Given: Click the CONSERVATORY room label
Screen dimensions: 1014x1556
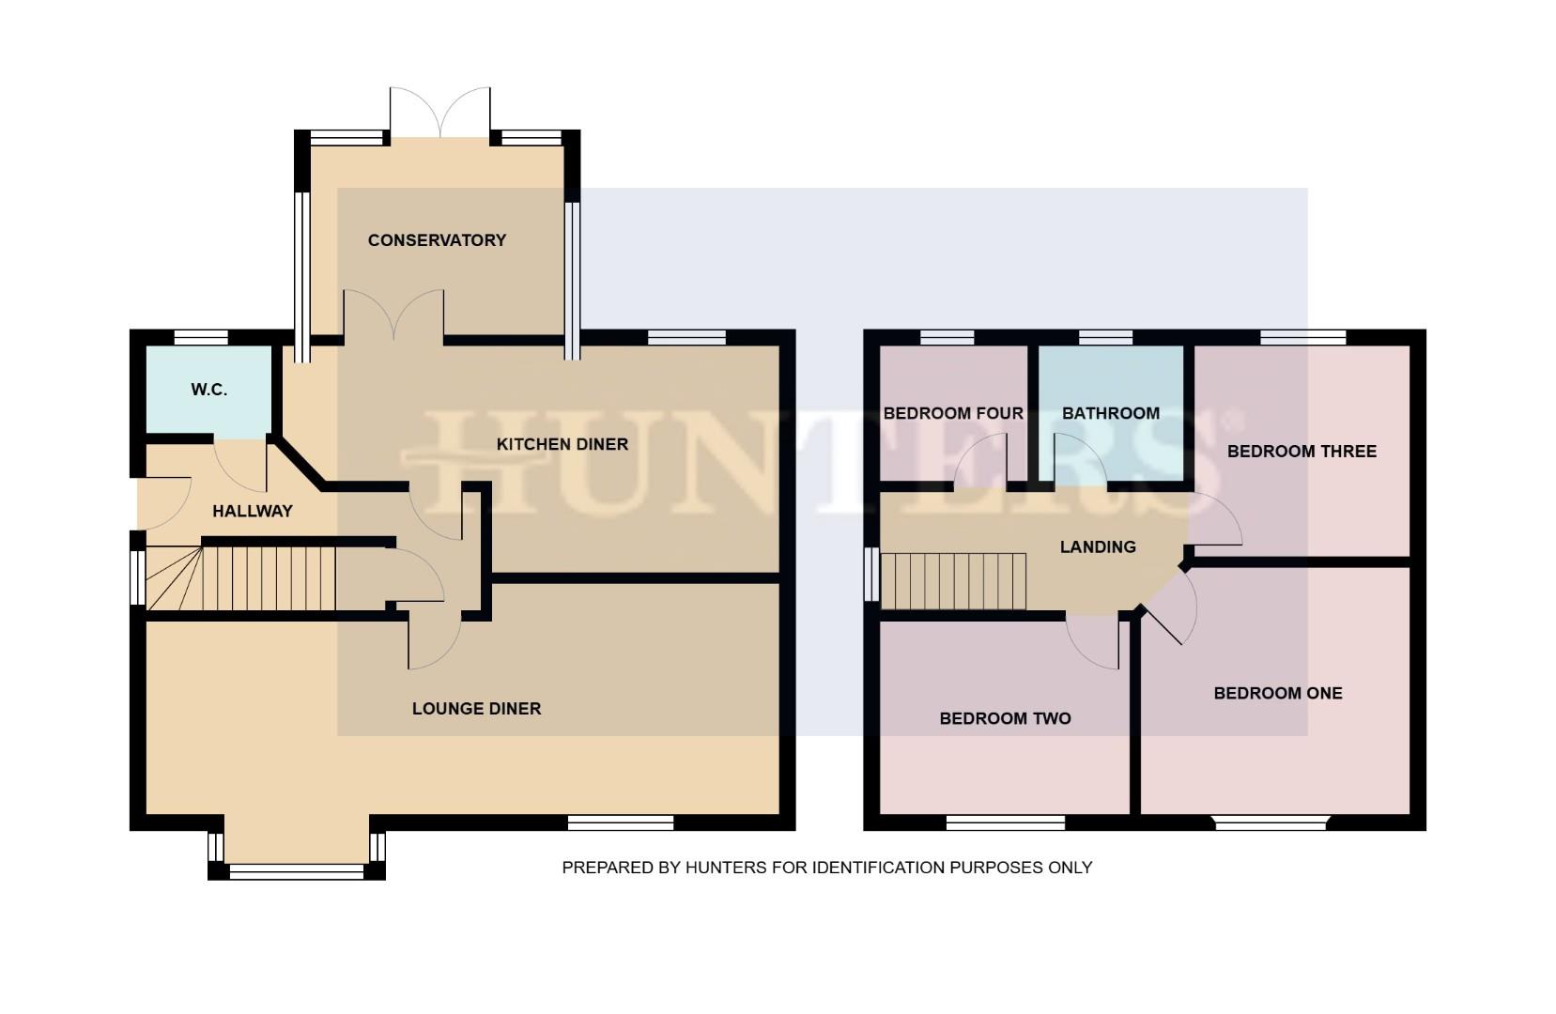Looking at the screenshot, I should (x=437, y=240).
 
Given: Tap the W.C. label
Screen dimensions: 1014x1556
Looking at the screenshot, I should (x=208, y=390).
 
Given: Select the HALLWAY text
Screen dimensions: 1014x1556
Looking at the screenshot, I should (x=252, y=512).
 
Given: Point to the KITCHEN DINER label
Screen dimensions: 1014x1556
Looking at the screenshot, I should (x=562, y=444).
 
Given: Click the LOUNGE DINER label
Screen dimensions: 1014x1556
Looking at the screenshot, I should (x=476, y=709).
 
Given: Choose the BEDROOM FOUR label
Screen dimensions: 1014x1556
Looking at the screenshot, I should (x=952, y=413).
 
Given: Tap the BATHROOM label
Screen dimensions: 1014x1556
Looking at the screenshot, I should (x=1110, y=413).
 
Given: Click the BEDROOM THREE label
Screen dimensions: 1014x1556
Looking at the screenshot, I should (x=1301, y=452).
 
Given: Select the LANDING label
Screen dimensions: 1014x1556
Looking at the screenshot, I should (x=1097, y=546).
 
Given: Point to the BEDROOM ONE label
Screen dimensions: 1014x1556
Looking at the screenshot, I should (x=1277, y=694).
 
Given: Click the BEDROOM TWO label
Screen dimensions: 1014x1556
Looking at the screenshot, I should (x=1005, y=719).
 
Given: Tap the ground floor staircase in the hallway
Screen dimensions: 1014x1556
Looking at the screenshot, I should (x=268, y=578).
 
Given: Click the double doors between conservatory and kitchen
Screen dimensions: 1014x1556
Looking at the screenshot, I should (x=393, y=315).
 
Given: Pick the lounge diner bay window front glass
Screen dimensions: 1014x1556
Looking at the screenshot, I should (x=296, y=872).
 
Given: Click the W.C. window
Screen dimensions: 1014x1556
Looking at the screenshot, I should (x=201, y=337).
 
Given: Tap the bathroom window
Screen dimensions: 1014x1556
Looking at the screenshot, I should (x=1105, y=337).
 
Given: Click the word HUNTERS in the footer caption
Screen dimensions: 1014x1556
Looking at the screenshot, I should (x=726, y=868).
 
